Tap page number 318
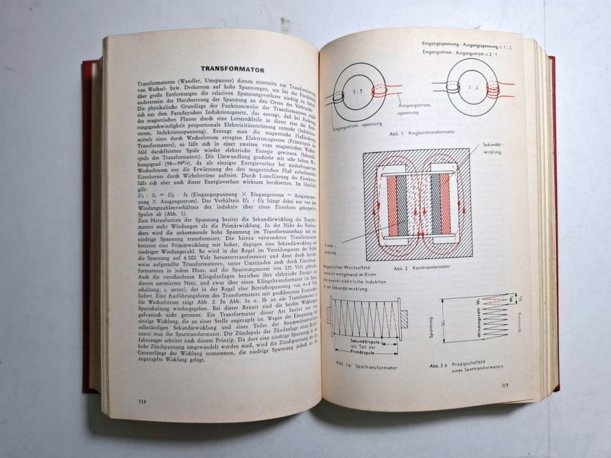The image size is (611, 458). (142, 400)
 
